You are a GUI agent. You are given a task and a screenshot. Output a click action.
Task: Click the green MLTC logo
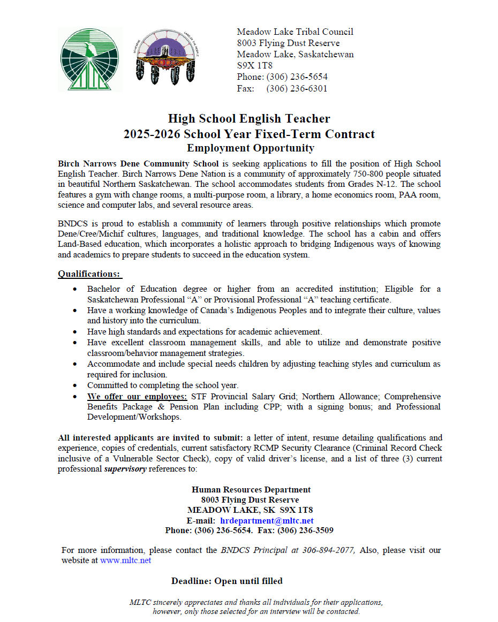coord(90,59)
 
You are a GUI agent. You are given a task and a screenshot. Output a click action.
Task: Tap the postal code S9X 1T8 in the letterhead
coord(254,65)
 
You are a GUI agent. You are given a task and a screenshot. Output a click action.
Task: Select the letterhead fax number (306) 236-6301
coord(297,88)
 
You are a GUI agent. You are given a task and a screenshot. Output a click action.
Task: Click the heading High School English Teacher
coord(249,118)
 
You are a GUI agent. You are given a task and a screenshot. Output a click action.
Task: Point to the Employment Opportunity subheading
coord(250,148)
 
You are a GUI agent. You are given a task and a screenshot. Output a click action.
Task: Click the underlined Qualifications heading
coord(89,274)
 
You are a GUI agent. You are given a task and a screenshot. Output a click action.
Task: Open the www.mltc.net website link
coord(125,560)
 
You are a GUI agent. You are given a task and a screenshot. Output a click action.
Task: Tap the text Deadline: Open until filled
coord(227,581)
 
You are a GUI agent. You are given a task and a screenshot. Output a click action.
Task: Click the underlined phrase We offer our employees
coord(137,397)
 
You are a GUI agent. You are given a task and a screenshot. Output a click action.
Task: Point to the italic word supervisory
coord(125,469)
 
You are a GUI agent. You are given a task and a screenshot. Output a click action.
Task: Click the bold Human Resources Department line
coord(251,489)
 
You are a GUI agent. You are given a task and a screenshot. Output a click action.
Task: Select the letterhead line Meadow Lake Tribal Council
coord(295,32)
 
